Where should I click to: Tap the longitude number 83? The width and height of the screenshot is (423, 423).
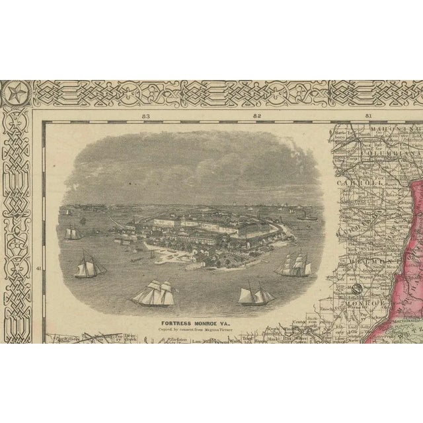(146, 116)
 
